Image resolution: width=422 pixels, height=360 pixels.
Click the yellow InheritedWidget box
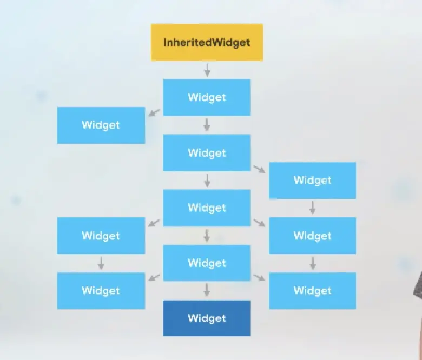pos(207,42)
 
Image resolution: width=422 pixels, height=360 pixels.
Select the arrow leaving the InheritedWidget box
pos(207,70)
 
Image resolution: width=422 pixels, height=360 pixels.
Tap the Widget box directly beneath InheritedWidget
pos(207,97)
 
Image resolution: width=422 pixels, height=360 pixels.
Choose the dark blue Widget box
pos(207,318)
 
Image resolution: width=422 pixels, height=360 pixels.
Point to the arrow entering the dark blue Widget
pos(207,291)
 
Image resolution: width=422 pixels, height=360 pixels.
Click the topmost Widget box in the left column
pos(101,125)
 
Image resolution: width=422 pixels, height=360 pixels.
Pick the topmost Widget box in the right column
pos(312,181)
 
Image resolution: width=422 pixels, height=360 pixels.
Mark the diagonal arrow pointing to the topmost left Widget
pos(155,112)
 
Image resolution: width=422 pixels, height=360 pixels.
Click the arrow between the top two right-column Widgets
pos(312,208)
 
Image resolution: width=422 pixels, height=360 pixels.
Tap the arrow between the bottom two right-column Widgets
pos(312,263)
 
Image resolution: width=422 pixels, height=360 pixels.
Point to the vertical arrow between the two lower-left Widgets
pos(101,263)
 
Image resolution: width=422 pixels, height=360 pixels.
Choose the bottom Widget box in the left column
pos(101,291)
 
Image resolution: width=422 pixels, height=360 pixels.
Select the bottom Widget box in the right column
pos(312,291)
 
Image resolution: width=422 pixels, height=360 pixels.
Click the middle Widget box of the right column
pos(312,236)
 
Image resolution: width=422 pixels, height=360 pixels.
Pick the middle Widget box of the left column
pos(101,236)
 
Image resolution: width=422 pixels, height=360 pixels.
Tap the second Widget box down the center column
pos(207,153)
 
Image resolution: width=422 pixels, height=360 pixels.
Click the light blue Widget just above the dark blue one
pos(207,263)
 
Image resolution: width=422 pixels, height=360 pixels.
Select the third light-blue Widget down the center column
pos(207,208)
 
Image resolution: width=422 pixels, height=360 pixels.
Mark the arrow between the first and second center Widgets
pos(207,125)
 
